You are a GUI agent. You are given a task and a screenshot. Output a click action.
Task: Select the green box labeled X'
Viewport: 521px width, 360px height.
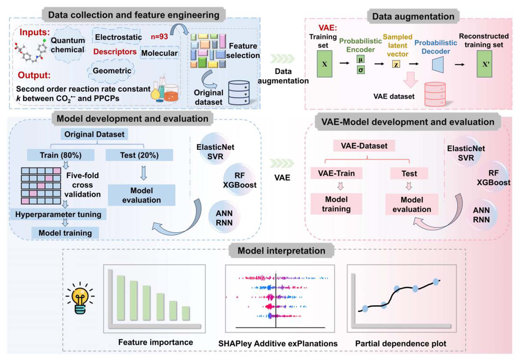pos(486,64)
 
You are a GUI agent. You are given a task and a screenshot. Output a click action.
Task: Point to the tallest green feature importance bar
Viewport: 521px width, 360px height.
pos(121,299)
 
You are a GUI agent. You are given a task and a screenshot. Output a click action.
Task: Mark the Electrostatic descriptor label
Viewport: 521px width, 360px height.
pos(119,37)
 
